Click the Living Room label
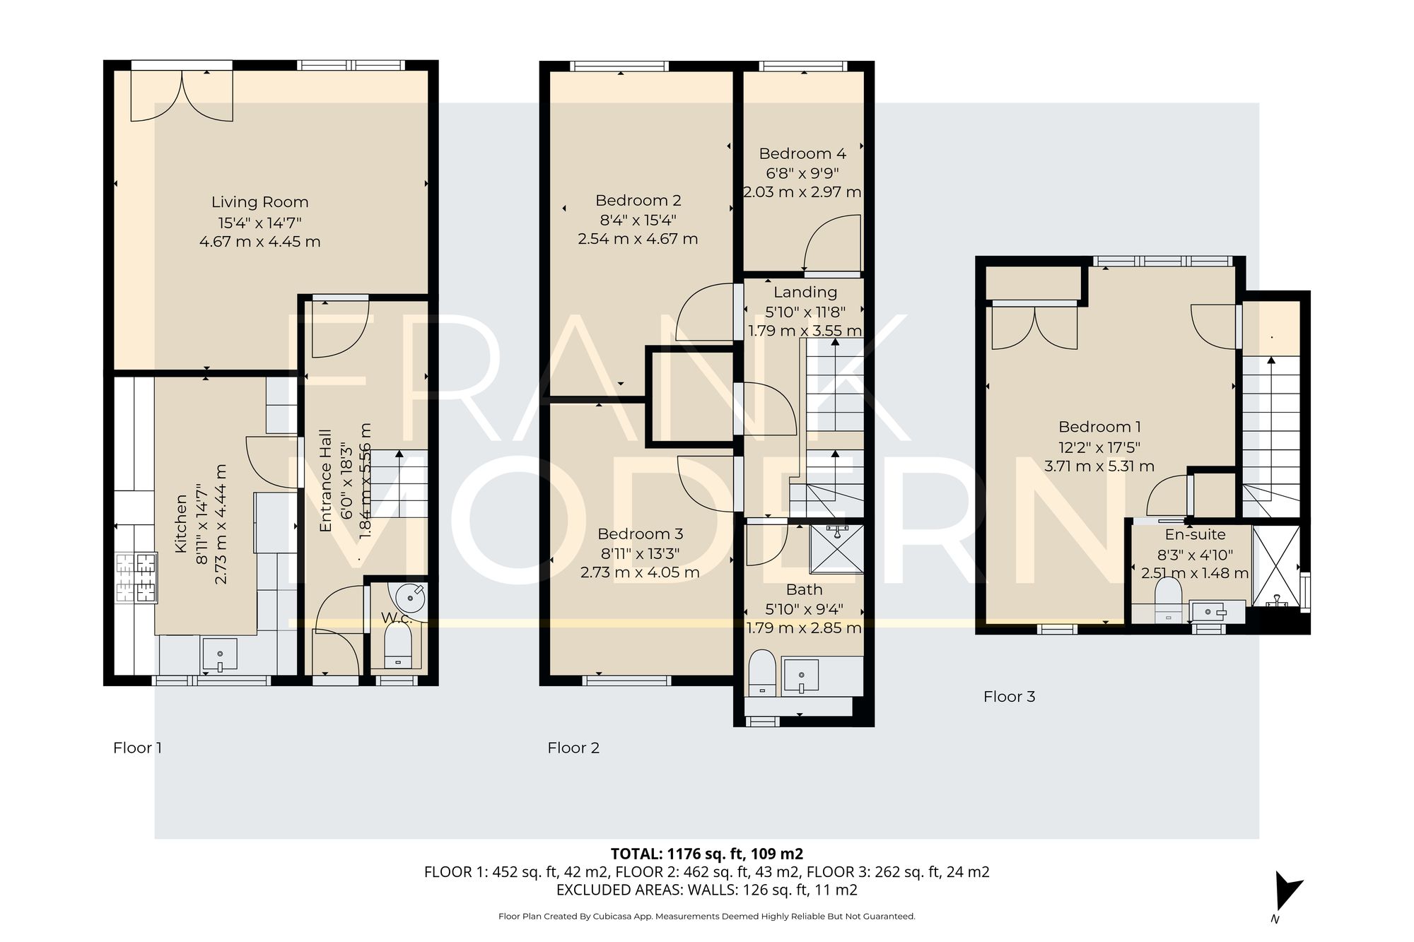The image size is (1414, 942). point(259,202)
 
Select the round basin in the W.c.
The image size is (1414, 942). point(410,599)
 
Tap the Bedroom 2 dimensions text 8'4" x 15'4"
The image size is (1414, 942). point(638,220)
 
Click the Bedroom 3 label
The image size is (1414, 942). point(640,534)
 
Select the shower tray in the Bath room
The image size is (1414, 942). point(836,548)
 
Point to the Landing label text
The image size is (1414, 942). point(805,293)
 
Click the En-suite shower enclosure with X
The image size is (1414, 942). point(1276,565)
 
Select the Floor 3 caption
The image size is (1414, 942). point(1009,697)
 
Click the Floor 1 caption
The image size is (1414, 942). point(137,748)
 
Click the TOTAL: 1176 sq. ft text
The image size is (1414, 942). point(706,854)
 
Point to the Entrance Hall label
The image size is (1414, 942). point(326,481)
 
